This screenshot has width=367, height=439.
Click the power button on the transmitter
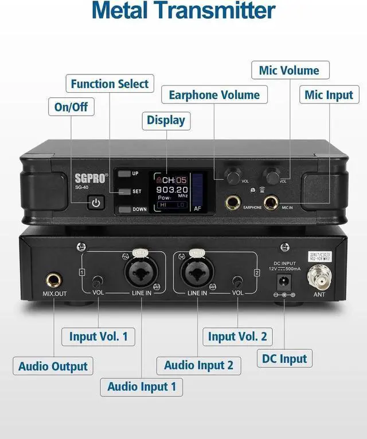pyautogui.click(x=96, y=202)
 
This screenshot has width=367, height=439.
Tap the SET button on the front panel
pyautogui.click(x=126, y=191)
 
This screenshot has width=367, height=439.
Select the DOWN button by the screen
pyautogui.click(x=126, y=209)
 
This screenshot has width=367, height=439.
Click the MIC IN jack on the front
pyautogui.click(x=270, y=200)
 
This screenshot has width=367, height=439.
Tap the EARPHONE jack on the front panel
pyautogui.click(x=233, y=200)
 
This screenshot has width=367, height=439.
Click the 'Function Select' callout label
pyautogui.click(x=110, y=84)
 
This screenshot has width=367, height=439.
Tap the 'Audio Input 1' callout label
pyautogui.click(x=142, y=386)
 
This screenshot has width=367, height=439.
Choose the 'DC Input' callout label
pyautogui.click(x=284, y=359)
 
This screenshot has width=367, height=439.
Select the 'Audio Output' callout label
pyautogui.click(x=53, y=366)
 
